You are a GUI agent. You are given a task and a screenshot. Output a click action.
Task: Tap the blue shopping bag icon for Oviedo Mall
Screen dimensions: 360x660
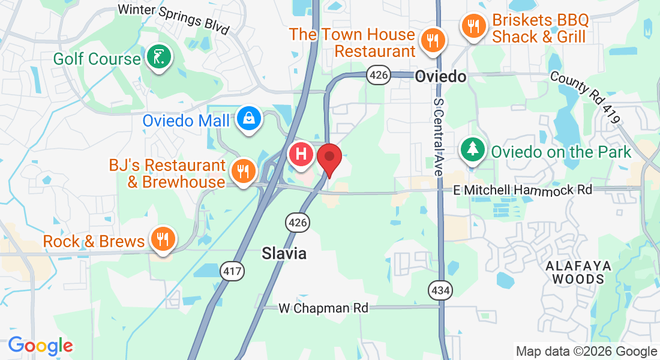[248, 119]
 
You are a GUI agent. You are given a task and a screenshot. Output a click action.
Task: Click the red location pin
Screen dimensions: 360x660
[329, 158]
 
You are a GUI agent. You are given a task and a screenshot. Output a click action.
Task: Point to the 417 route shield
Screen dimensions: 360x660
[233, 271]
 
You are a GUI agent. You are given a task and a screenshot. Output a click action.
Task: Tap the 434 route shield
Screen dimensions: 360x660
[440, 290]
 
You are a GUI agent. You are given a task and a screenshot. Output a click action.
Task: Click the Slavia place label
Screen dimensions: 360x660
[284, 254]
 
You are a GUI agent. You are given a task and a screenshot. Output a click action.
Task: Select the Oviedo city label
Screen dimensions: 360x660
[441, 76]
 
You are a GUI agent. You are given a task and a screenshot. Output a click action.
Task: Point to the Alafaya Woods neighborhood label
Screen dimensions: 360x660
[578, 272]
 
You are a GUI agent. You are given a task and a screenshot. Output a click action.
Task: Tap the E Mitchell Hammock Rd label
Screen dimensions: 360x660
[523, 190]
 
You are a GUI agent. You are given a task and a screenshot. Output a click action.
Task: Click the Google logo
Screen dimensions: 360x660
[40, 346]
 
